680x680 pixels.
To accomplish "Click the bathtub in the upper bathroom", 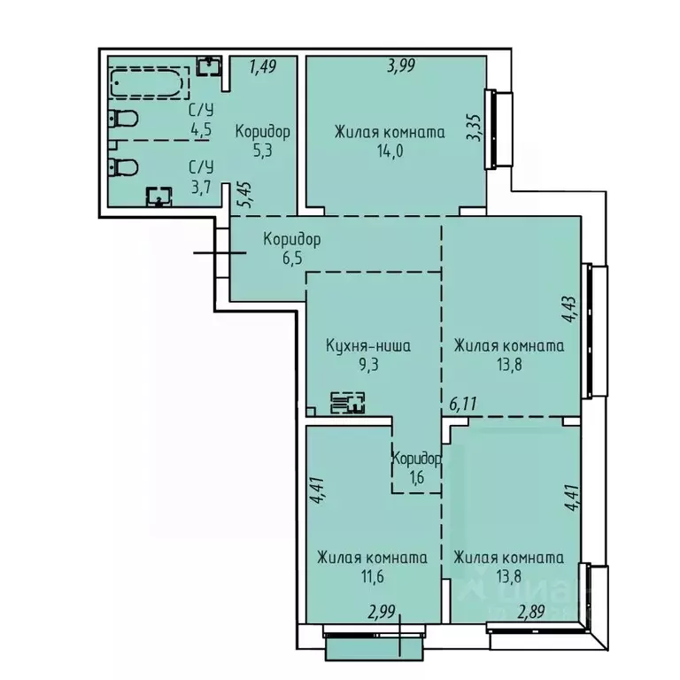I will [x=149, y=85].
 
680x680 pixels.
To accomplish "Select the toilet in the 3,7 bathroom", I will [x=123, y=166].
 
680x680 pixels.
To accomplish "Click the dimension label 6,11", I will [x=463, y=405].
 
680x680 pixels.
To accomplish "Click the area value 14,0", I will [x=388, y=151].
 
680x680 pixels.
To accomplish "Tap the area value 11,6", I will [x=372, y=576].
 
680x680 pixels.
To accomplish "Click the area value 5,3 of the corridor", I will [x=262, y=150].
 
